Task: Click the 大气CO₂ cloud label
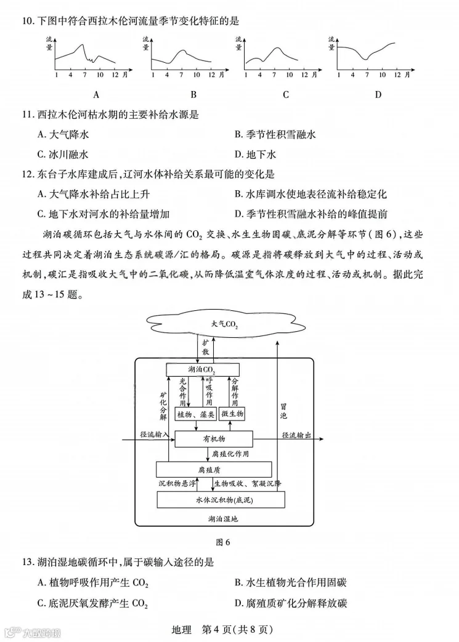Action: click(x=224, y=324)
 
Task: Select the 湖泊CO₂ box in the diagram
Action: click(x=202, y=369)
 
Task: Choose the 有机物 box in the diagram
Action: click(x=214, y=439)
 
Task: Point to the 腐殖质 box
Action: click(x=214, y=470)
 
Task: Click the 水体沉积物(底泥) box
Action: click(x=221, y=499)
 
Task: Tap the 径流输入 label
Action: click(x=154, y=435)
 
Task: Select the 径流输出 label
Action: click(x=296, y=435)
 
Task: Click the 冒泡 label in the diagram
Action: click(x=283, y=411)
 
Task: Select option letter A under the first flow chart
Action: click(x=96, y=94)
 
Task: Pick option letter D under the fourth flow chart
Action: click(x=378, y=94)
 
